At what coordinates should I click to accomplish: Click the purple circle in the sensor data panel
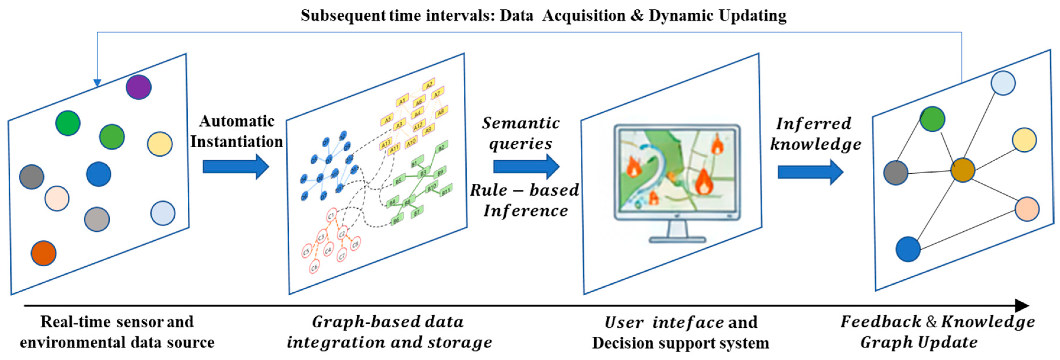tap(138, 87)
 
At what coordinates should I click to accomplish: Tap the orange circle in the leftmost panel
tap(44, 253)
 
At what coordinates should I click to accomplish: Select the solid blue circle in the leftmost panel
tap(98, 174)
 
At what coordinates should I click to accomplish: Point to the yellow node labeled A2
tap(428, 85)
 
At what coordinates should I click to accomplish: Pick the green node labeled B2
tap(441, 147)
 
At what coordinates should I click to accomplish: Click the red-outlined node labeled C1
tap(331, 215)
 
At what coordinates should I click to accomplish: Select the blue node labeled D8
tap(320, 179)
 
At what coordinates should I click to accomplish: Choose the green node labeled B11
tap(446, 191)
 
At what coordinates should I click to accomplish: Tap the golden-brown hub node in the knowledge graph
tap(962, 170)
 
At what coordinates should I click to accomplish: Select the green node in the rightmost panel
tap(932, 119)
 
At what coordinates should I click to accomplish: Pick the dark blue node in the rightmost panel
tap(908, 249)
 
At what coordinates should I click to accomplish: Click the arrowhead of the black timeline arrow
tap(1022, 306)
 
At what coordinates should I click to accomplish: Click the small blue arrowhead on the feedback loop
tap(97, 83)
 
